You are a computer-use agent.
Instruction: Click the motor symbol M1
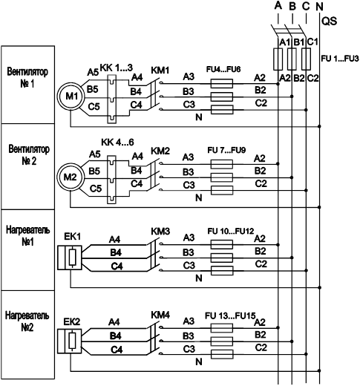[x=71, y=96]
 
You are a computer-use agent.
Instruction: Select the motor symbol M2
[x=71, y=177]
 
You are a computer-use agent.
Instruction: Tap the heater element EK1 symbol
[x=70, y=258]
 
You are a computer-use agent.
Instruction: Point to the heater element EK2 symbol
[x=70, y=341]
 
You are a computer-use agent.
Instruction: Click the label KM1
[x=160, y=71]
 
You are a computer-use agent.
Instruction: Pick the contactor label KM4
[x=160, y=315]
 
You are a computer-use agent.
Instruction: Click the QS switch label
[x=329, y=22]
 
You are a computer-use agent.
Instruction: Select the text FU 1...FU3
[x=340, y=59]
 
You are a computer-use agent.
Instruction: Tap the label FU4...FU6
[x=223, y=69]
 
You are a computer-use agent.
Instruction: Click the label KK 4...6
[x=117, y=143]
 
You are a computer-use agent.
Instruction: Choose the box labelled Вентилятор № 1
[x=27, y=85]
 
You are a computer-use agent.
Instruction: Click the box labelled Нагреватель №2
[x=27, y=335]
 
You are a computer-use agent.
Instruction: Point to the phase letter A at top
[x=278, y=5]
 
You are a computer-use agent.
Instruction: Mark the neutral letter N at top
[x=319, y=7]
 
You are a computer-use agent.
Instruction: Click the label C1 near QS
[x=312, y=42]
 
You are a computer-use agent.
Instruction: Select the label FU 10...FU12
[x=231, y=231]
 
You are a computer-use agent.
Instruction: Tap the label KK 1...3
[x=117, y=68]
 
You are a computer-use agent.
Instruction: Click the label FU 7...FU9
[x=226, y=150]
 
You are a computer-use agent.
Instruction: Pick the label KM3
[x=160, y=232]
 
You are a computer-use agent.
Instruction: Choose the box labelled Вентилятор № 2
[x=27, y=166]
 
